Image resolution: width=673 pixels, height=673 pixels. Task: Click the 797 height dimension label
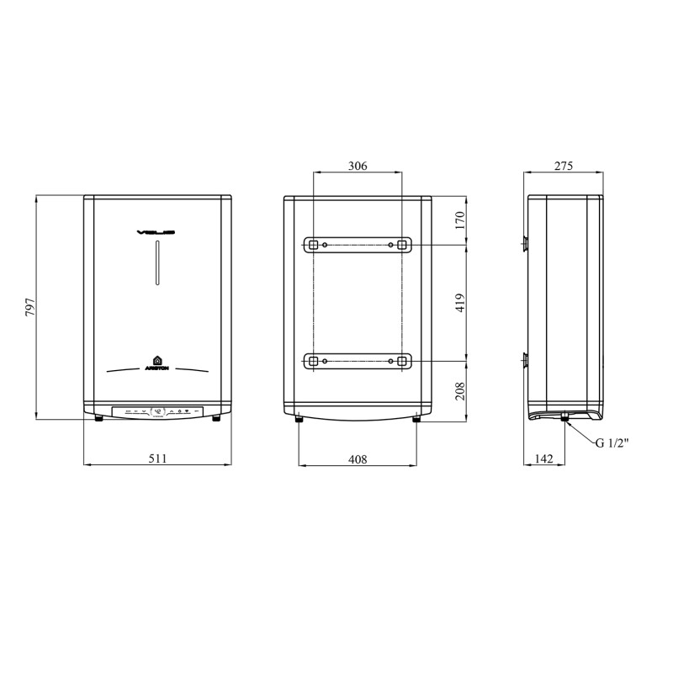pos(29,308)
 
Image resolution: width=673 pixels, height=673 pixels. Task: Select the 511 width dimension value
pos(157,458)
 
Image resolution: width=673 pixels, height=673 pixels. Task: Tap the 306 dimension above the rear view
pos(358,167)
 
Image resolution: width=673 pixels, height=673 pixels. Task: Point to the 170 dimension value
pos(459,221)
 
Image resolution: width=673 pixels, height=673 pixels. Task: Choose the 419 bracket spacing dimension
pos(459,303)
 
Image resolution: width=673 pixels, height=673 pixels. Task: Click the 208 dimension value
pos(459,391)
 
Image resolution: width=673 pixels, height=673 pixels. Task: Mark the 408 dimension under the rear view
pos(358,458)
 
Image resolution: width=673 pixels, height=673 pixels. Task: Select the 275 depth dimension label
pos(563,167)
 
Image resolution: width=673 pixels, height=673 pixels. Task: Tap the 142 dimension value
pos(543,458)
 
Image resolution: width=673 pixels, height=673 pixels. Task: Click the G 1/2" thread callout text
pos(613,442)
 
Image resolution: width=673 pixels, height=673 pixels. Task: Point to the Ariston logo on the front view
pos(157,361)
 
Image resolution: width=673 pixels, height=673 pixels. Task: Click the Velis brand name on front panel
pos(157,232)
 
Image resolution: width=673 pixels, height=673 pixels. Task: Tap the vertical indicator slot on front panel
pos(157,264)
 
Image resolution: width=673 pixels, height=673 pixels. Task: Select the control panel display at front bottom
pos(157,412)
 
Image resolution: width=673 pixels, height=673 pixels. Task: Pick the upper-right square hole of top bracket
pos(402,245)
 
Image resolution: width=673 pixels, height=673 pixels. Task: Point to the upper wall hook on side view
pos(523,244)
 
